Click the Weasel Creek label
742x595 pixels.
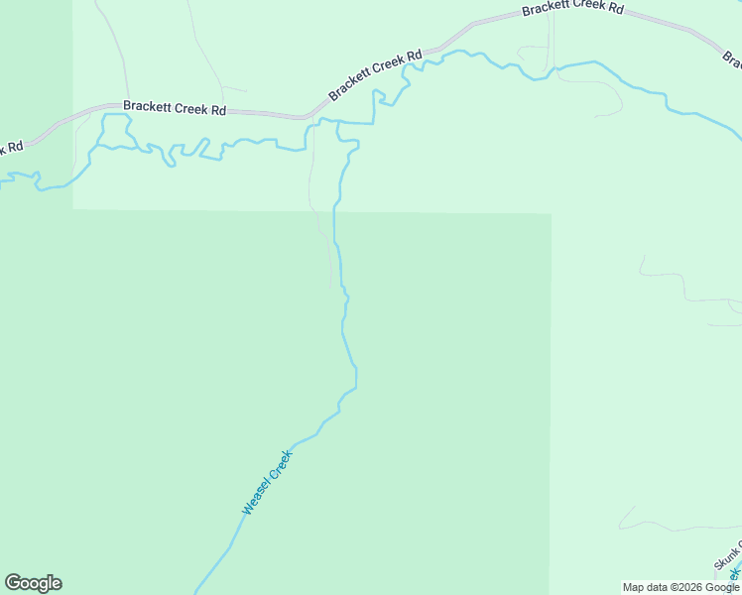268,483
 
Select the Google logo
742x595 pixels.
33,583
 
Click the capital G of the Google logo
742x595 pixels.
13,583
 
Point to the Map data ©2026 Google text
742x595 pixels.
680,587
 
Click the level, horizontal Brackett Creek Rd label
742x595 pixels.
175,108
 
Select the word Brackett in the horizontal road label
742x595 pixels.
147,107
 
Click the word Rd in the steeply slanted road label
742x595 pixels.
415,56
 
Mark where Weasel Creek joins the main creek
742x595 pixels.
338,123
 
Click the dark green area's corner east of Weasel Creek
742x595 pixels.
551,213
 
